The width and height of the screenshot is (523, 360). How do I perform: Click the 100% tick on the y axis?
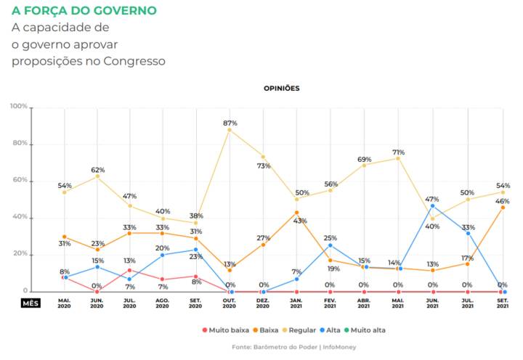click(x=19, y=107)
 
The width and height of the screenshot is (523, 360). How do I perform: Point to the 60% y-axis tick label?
click(x=20, y=181)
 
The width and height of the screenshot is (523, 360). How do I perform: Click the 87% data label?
click(x=230, y=123)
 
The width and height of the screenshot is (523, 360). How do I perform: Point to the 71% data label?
click(x=399, y=152)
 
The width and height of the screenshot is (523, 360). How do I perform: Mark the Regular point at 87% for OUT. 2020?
click(x=230, y=130)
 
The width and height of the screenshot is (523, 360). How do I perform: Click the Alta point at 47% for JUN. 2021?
click(x=433, y=205)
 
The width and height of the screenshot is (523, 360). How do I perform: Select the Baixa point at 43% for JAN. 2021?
click(x=297, y=213)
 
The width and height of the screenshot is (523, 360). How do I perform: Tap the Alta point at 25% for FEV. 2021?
click(x=331, y=245)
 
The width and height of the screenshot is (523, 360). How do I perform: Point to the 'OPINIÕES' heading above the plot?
click(x=282, y=88)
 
